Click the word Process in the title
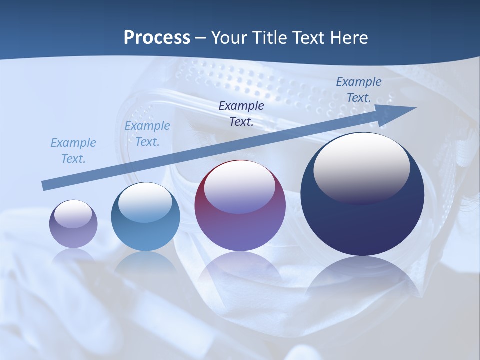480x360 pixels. [x=157, y=38]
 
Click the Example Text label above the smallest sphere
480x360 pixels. [x=73, y=151]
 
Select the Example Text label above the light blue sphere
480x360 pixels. [x=147, y=134]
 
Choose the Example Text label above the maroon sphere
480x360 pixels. [x=241, y=113]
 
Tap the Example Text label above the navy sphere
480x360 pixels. [x=358, y=90]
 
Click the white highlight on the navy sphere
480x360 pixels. [x=361, y=165]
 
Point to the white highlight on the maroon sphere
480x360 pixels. [x=240, y=185]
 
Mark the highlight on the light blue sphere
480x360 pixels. [x=145, y=200]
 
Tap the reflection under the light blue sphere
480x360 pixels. [x=145, y=262]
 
